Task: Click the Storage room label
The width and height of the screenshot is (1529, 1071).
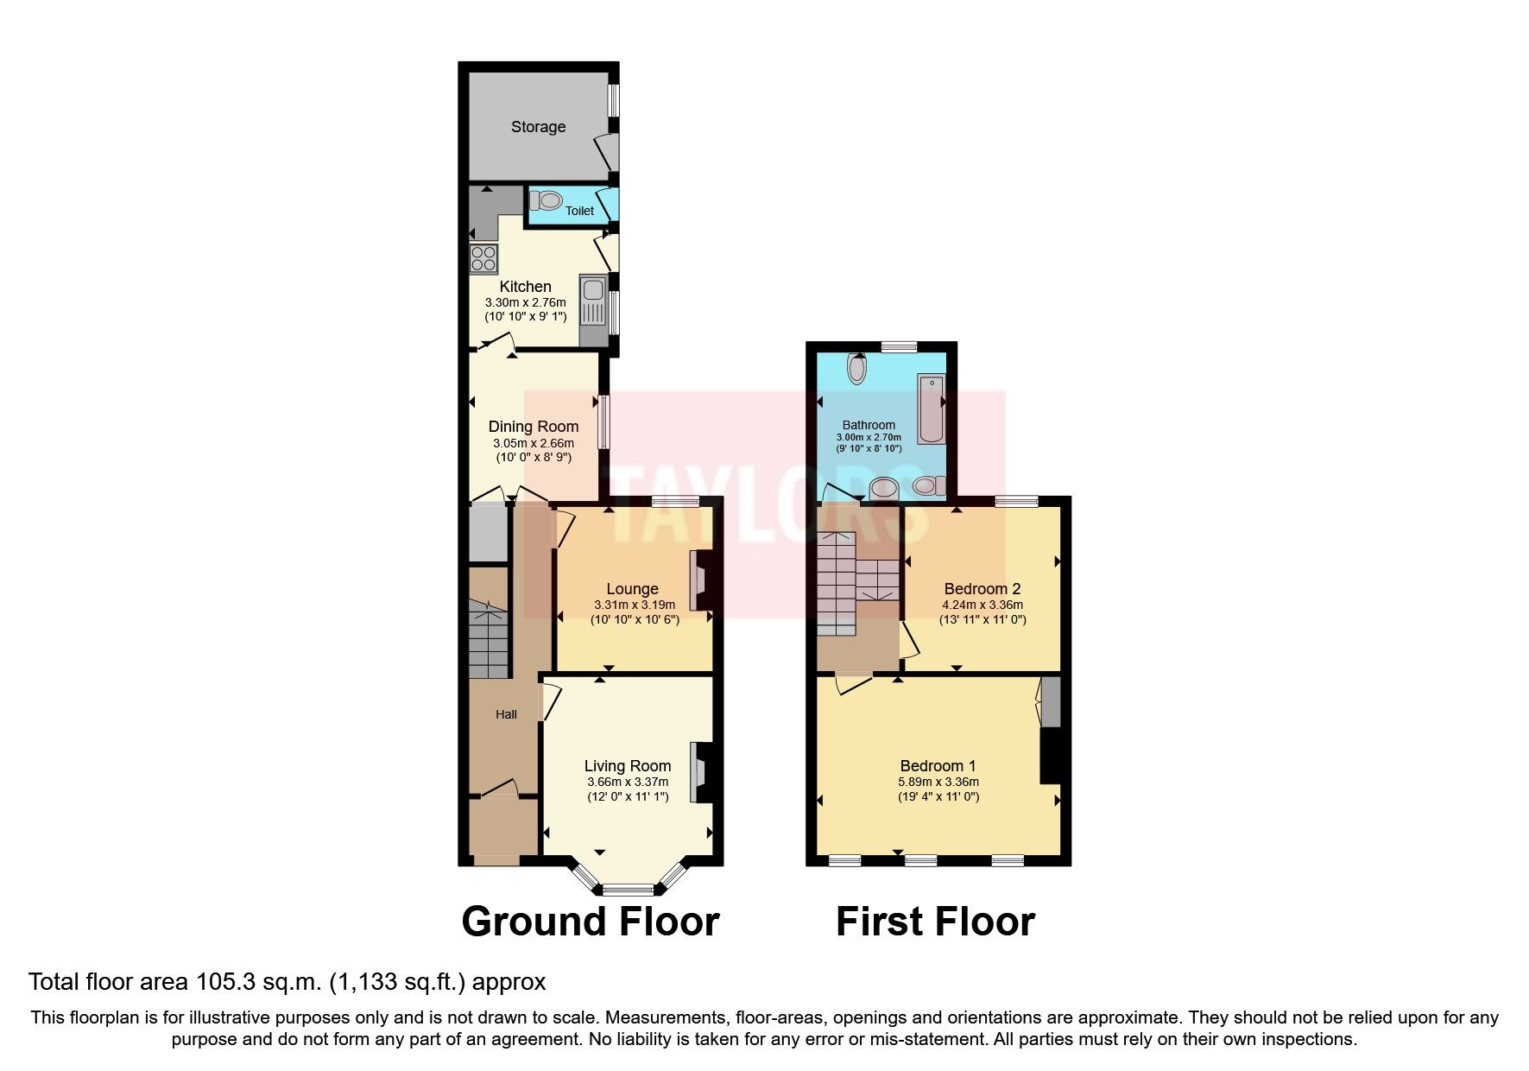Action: [538, 127]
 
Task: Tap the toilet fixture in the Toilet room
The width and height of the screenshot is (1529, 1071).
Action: [546, 201]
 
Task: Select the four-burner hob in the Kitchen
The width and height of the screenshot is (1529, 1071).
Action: [483, 259]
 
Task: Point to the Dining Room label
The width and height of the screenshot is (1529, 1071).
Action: [533, 427]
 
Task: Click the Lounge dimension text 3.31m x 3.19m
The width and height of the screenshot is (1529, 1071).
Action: [635, 605]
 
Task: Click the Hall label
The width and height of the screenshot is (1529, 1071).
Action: [506, 714]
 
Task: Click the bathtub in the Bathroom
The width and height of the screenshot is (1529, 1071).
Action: [931, 409]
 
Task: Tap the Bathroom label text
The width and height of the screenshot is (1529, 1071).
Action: [869, 425]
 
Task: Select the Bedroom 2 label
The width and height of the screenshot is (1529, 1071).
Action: [982, 589]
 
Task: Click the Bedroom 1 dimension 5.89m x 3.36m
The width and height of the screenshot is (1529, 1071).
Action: [938, 782]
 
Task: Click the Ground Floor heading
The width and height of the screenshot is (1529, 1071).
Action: [591, 922]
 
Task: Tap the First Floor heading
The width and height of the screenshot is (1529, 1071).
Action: [935, 922]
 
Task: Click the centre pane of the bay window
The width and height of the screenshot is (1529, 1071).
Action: [628, 889]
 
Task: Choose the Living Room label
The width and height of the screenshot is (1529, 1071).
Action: [627, 766]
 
